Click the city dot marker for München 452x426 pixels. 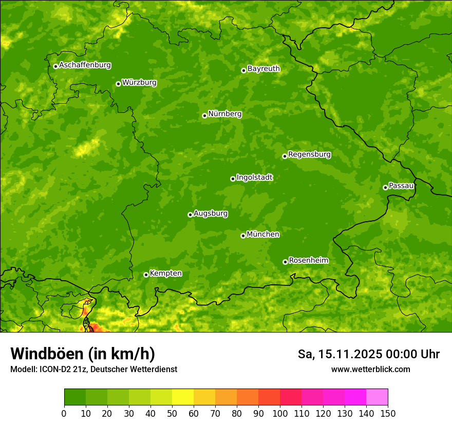pos(243,236)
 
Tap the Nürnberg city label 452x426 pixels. pos(224,114)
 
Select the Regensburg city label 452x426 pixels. pos(309,154)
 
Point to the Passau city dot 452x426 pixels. pos(385,187)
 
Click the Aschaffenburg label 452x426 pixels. pos(85,65)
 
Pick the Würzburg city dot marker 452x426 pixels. pos(118,84)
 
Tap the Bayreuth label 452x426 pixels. pos(263,69)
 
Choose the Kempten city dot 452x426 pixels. pos(146,275)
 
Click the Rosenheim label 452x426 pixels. pos(308,261)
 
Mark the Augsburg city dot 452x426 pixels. pos(190,215)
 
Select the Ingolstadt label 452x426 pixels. pos(254,178)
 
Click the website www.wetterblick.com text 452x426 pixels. pos(370,369)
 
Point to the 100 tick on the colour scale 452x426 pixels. pos(280,413)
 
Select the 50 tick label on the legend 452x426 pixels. pos(172,413)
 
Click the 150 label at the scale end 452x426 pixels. pos(388,413)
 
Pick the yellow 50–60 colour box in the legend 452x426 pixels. pos(183,397)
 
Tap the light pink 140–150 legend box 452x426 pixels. pos(377,397)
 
